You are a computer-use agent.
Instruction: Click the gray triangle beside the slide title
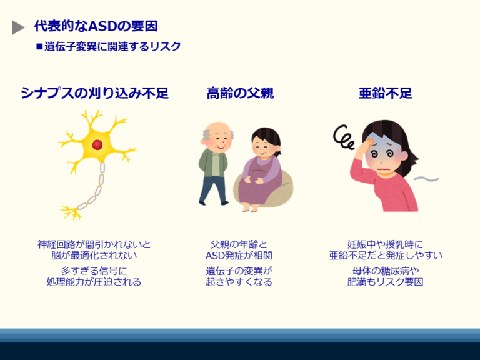pyautogui.click(x=17, y=27)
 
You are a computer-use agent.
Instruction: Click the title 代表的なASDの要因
pyautogui.click(x=96, y=26)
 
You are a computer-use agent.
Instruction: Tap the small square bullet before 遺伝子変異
pyautogui.click(x=39, y=46)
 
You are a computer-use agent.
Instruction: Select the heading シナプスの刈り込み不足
pyautogui.click(x=94, y=94)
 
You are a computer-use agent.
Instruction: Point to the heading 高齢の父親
pyautogui.click(x=240, y=94)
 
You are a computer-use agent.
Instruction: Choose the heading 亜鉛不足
pyautogui.click(x=385, y=94)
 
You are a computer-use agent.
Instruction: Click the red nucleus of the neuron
pyautogui.click(x=97, y=145)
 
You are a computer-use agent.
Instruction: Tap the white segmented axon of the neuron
pyautogui.click(x=97, y=187)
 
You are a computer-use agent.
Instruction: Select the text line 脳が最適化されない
pyautogui.click(x=94, y=256)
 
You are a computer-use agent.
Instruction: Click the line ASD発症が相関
pyautogui.click(x=239, y=256)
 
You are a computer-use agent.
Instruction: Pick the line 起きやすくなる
pyautogui.click(x=239, y=282)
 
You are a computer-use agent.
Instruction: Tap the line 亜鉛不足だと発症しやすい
pyautogui.click(x=386, y=256)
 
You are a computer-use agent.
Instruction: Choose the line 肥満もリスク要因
pyautogui.click(x=386, y=282)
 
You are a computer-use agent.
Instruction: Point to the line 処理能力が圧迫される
pyautogui.click(x=94, y=282)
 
